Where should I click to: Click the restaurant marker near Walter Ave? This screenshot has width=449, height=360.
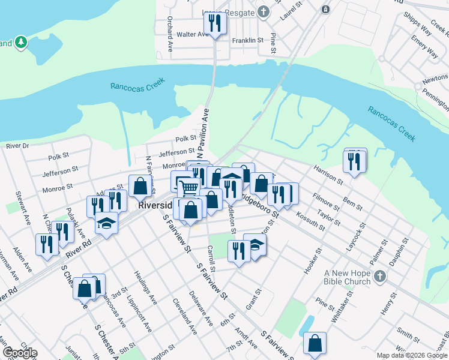tap(213, 24)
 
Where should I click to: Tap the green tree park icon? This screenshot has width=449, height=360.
tap(22, 42)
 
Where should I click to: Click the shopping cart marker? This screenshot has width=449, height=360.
tap(188, 188)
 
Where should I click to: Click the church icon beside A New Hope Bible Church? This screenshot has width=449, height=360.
tap(379, 276)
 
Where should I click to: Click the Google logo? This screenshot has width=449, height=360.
tap(19, 353)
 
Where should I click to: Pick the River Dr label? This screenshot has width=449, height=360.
tap(17, 146)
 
